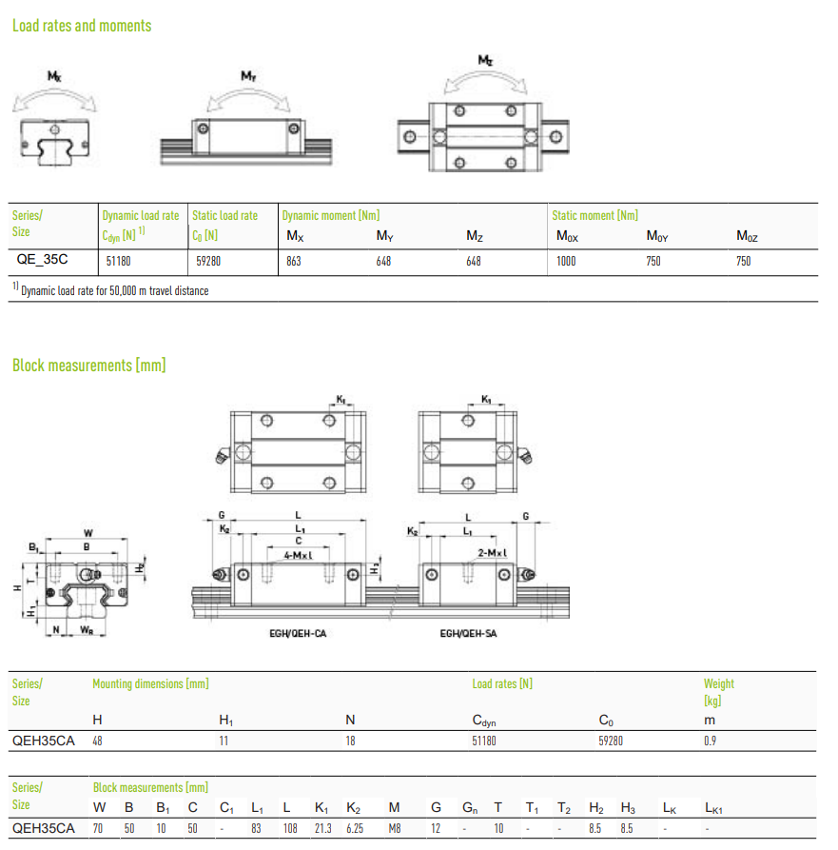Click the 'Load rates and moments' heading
click(x=82, y=26)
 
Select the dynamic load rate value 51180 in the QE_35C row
click(x=118, y=262)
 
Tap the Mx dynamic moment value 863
click(x=294, y=262)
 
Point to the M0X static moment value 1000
click(x=566, y=262)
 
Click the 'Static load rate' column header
click(x=224, y=216)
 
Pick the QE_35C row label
click(x=42, y=259)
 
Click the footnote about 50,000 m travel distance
click(x=111, y=290)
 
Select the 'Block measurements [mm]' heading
click(x=88, y=366)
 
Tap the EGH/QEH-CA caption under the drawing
click(x=298, y=633)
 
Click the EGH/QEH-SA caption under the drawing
click(x=468, y=633)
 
